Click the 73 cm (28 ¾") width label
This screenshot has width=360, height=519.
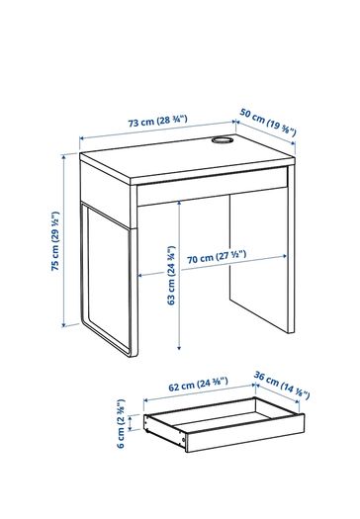[157, 121]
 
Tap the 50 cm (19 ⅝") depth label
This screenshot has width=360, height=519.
[268, 123]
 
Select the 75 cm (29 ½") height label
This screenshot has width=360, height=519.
[55, 240]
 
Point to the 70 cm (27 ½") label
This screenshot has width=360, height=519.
[217, 257]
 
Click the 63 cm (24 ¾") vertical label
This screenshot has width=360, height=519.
[171, 275]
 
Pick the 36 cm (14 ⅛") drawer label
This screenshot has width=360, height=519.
[282, 386]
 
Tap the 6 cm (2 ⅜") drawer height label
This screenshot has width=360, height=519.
[121, 423]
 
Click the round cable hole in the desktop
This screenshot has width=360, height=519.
[223, 140]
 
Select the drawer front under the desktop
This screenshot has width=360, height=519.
[212, 187]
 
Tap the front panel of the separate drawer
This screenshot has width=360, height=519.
[244, 433]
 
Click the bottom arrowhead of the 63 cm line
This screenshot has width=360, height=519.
[179, 347]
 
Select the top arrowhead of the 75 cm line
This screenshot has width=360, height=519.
[64, 156]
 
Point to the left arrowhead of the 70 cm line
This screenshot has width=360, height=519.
[140, 276]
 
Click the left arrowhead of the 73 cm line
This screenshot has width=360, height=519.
[82, 138]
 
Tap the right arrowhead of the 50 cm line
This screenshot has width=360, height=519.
[293, 143]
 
